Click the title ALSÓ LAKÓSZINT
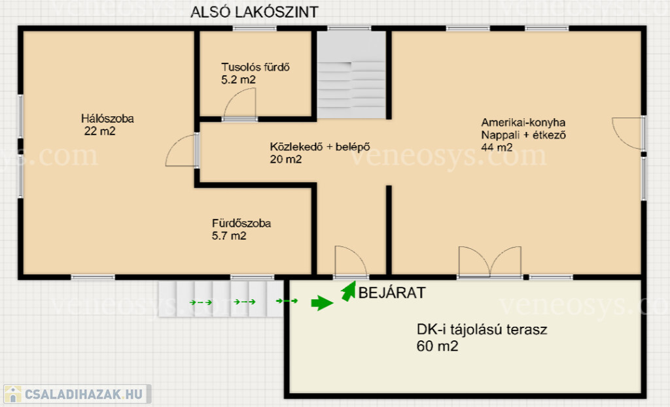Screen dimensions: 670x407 click(x=255, y=12)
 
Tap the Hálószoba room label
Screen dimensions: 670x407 click(x=107, y=118)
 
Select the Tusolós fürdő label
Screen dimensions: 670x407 click(x=255, y=67)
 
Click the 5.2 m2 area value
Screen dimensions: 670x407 click(x=238, y=80)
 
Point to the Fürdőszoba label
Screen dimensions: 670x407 click(x=241, y=223)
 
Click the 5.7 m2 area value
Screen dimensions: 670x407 click(x=228, y=236)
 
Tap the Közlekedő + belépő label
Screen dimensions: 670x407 click(x=319, y=147)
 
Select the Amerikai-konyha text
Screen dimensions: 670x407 click(x=523, y=122)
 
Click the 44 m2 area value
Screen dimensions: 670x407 click(x=497, y=148)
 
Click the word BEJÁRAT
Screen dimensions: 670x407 click(x=392, y=293)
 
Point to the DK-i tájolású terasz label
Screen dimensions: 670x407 click(x=482, y=329)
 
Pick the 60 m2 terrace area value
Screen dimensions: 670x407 click(x=437, y=346)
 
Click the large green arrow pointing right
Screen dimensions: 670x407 click(x=322, y=303)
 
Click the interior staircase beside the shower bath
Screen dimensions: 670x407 click(x=351, y=75)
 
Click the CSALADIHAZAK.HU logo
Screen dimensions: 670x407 click(x=77, y=394)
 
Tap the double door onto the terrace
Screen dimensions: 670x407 click(x=489, y=261)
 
